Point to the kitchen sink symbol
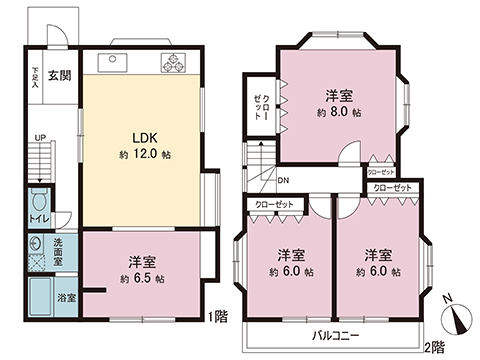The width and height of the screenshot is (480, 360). pos(112,61)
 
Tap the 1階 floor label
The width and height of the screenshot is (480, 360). pos(218,318)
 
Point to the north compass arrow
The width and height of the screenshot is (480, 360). pos(457,318)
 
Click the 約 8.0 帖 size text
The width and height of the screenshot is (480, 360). pos(337,114)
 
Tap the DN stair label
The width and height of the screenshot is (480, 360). pos(283,180)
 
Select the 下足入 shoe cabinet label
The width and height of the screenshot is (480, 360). pos(35,77)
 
